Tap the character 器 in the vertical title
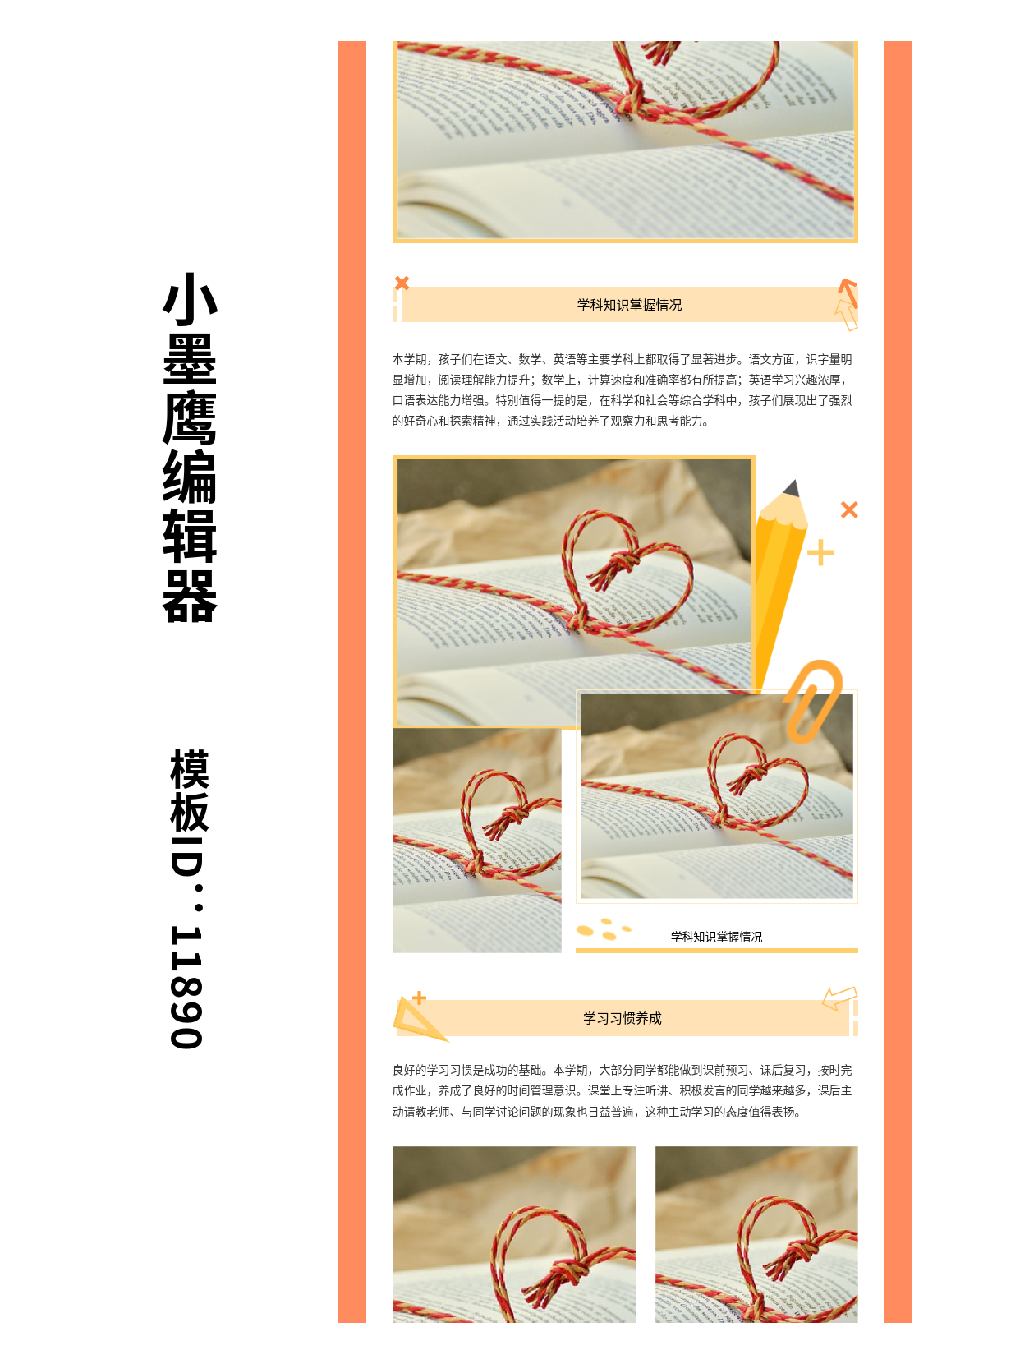click(190, 596)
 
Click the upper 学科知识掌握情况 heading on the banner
click(629, 305)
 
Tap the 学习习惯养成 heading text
click(622, 1018)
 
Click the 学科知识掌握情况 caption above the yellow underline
click(716, 937)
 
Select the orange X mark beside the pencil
click(849, 510)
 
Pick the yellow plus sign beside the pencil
click(820, 553)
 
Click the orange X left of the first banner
click(402, 283)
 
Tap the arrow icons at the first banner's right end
click(847, 304)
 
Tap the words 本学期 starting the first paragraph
click(409, 359)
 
